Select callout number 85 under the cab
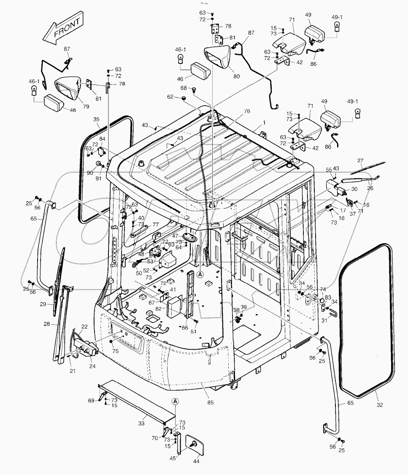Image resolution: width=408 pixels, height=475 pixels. [211, 402]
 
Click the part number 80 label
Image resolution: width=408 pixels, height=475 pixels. [236, 76]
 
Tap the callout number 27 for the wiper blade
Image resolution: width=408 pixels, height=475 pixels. [360, 160]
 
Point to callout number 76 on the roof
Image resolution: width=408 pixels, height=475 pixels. [247, 111]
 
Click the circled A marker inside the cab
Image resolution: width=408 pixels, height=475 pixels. [200, 274]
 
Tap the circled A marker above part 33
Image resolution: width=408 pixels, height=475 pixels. [176, 401]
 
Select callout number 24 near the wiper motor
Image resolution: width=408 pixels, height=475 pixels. [92, 366]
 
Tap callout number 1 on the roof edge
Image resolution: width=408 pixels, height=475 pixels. [264, 122]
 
